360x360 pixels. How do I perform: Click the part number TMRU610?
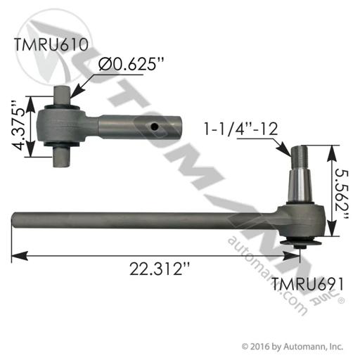(x=51, y=44)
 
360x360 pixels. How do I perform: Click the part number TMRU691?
(x=307, y=284)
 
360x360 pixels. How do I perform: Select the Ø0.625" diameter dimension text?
(x=131, y=63)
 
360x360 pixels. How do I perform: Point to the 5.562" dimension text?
(x=342, y=193)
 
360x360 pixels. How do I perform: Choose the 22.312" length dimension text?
(x=160, y=269)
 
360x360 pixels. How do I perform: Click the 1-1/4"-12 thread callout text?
(x=241, y=129)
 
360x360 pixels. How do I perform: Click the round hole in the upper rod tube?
(x=155, y=127)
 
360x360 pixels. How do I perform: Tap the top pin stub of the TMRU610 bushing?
(x=61, y=95)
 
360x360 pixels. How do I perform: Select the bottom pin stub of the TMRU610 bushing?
(x=61, y=157)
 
